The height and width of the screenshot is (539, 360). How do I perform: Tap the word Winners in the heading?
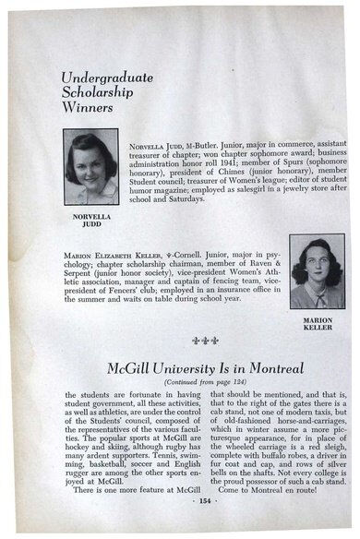(87, 107)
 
